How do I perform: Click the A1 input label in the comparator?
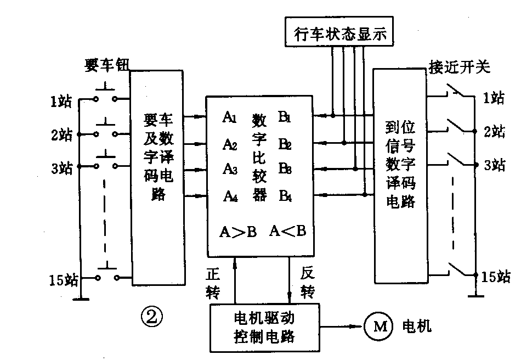(230, 117)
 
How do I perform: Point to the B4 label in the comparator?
(285, 195)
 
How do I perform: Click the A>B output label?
(237, 232)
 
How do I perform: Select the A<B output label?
(287, 232)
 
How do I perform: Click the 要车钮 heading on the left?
(104, 66)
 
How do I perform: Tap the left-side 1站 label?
(60, 101)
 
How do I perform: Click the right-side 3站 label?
(494, 165)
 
